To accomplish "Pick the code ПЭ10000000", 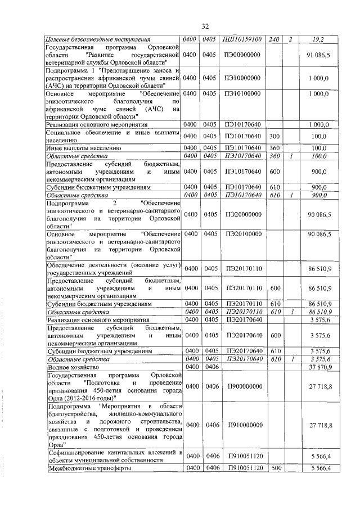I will pyautogui.click(x=244, y=78).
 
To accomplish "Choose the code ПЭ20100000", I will pyautogui.click(x=244, y=233).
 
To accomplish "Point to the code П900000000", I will pyautogui.click(x=244, y=386).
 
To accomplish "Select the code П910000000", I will pyautogui.click(x=244, y=425).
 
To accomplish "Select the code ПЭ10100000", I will pyautogui.click(x=244, y=93).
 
